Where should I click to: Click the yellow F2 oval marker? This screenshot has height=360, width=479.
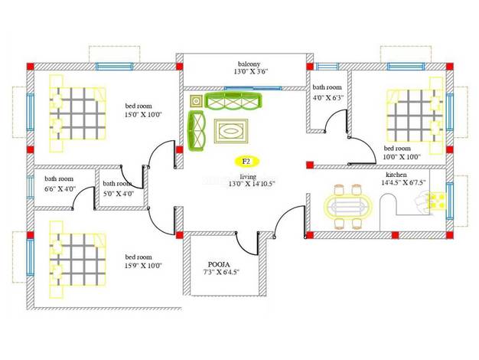(x=246, y=161)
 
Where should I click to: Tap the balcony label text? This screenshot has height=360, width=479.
(x=249, y=64)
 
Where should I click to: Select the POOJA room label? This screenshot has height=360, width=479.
(x=219, y=264)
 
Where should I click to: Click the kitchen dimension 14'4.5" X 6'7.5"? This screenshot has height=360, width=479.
(x=403, y=182)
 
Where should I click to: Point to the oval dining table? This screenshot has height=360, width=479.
(x=348, y=207)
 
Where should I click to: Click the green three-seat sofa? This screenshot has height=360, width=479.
(x=233, y=101)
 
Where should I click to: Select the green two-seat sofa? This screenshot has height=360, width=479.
(x=196, y=131)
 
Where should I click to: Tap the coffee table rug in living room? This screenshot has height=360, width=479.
(x=231, y=131)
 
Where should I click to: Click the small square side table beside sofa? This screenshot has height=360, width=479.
(x=196, y=101)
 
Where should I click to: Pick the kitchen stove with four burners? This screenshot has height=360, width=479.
(x=436, y=201)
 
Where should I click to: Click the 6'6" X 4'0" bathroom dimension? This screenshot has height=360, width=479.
(x=60, y=188)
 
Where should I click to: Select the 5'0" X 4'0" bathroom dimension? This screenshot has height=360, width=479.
(x=119, y=194)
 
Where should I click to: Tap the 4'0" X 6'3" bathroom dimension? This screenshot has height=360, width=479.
(x=328, y=98)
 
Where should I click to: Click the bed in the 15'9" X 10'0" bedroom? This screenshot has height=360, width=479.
(x=77, y=260)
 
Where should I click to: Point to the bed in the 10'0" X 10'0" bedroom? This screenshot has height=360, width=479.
(x=415, y=116)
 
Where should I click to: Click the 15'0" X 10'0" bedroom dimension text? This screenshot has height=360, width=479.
(x=143, y=114)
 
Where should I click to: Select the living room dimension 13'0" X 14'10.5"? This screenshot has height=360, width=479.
(x=252, y=184)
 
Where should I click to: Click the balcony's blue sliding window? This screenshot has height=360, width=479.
(x=253, y=88)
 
